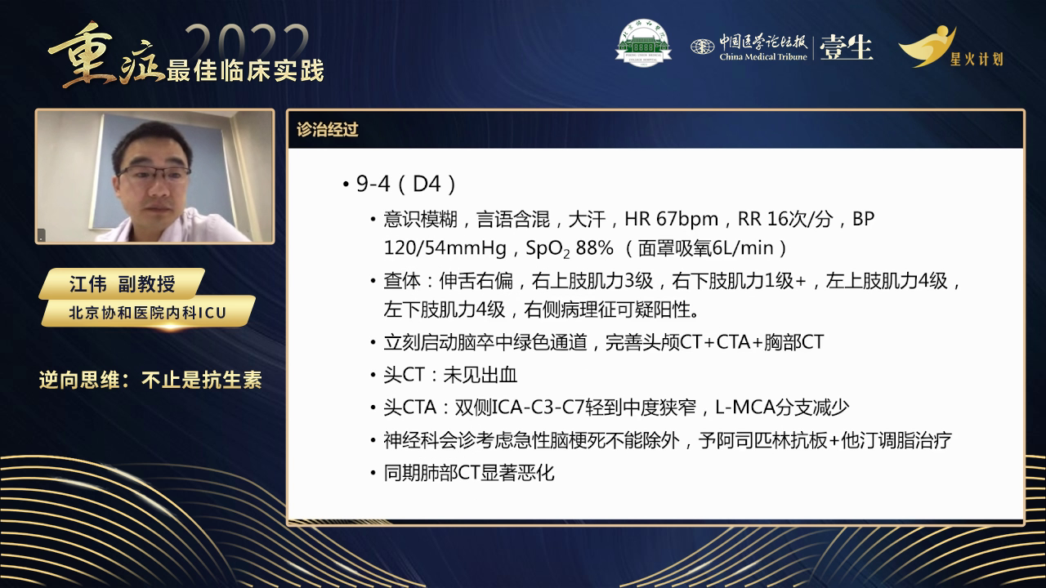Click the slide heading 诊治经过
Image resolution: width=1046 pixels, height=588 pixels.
pos(328,130)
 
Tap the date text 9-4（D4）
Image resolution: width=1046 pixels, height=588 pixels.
pos(405,184)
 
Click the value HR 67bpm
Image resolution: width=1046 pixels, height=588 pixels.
pos(671,219)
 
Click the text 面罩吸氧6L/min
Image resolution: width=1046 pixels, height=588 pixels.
pos(706,247)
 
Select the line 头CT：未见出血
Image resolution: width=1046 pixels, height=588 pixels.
pos(450,375)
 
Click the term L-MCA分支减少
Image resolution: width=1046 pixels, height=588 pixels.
pos(782,407)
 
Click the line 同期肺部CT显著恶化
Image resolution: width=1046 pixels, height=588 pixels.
pos(469,472)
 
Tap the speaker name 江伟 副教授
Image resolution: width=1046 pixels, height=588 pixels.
pos(123,284)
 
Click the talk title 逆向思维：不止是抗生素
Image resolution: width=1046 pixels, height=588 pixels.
pos(150,380)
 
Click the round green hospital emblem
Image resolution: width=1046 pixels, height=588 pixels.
pos(642,42)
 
